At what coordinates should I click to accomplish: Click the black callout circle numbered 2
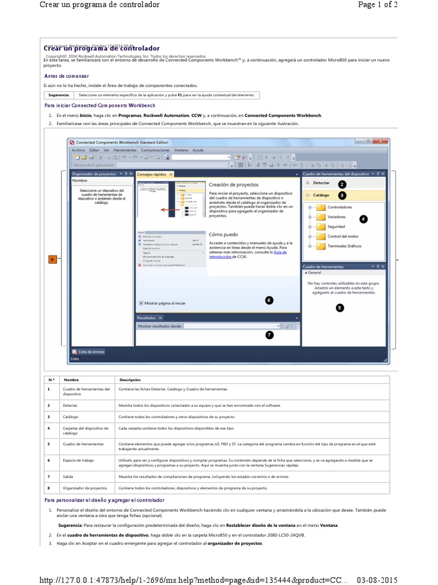(342, 184)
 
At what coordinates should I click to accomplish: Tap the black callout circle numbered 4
(363, 219)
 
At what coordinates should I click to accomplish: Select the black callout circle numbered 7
(269, 335)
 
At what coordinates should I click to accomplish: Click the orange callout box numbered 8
(54, 260)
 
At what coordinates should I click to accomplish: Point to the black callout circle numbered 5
(340, 307)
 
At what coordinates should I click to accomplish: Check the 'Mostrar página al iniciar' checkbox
(141, 303)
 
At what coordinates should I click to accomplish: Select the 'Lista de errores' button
(91, 352)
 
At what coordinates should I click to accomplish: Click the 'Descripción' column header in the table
(129, 380)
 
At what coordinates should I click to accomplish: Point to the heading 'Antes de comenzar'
(67, 76)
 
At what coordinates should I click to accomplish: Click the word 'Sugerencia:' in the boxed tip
(59, 95)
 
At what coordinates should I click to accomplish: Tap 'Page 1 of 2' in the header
(378, 5)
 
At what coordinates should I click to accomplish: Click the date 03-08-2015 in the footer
(377, 579)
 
